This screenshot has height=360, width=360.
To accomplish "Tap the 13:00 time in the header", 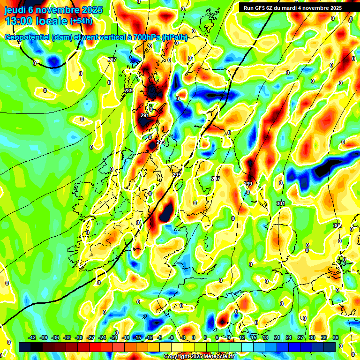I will [21, 22].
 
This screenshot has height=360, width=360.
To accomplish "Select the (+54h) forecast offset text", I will [81, 22].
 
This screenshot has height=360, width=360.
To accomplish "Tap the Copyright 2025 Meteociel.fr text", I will [199, 356].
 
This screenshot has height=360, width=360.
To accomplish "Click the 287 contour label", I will [112, 60].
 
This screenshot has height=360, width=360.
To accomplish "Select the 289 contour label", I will [128, 90].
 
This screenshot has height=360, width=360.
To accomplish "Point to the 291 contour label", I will [145, 115].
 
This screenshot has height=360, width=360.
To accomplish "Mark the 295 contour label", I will [176, 175].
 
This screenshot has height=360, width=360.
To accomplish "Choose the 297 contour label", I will [216, 179].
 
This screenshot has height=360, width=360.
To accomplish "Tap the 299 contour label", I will [248, 184].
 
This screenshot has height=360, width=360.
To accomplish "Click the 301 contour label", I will [281, 203].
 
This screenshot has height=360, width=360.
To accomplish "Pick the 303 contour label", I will [337, 225].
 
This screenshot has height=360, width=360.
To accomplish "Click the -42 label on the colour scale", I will [32, 337].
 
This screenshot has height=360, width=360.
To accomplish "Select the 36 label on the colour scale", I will [335, 337].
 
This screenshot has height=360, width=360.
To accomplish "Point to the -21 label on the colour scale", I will [113, 337].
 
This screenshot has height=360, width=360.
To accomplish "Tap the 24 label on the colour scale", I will [288, 337].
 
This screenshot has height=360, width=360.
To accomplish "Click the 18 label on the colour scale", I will [265, 337].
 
